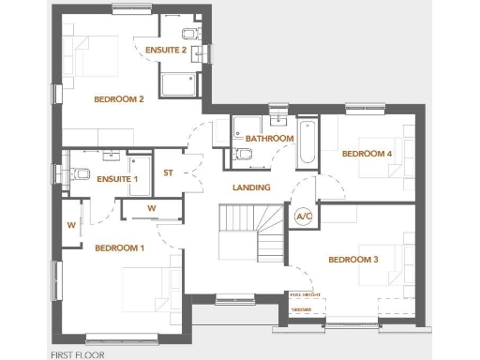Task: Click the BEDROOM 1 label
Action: coord(120,248)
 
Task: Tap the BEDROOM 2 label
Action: coord(118,99)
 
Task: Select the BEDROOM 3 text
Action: coord(352,259)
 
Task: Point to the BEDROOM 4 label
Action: coord(367,153)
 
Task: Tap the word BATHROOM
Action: coord(270,139)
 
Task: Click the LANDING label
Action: coord(251,187)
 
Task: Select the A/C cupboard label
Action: coord(303,217)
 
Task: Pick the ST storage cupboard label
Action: coord(169,172)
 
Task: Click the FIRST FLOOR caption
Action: coord(78,354)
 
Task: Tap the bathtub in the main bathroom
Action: coord(307,142)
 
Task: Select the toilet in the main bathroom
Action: coord(243,154)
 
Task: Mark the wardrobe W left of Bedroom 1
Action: coord(70,225)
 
